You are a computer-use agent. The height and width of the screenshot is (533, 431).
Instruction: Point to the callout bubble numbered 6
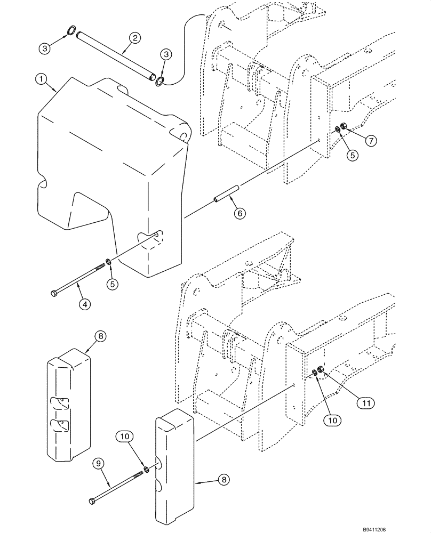click(240, 213)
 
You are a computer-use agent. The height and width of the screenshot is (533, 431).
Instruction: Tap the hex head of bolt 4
click(54, 294)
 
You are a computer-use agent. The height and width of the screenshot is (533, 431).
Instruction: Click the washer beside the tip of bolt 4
click(108, 262)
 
